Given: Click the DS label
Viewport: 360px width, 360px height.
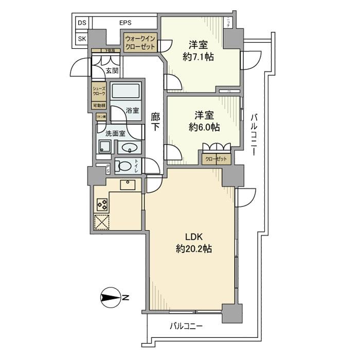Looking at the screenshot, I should point(82,23).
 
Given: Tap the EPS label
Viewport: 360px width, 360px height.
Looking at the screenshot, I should point(125,23).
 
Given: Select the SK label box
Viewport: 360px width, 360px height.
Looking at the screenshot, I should point(82,39).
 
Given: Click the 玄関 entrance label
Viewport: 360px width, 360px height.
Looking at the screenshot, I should point(112,71).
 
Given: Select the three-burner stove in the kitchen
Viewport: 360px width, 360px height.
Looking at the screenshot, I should point(102,204).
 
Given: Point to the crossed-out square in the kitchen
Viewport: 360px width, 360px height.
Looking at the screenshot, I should point(102,222).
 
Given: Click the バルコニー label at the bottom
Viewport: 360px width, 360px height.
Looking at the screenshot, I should point(186,326).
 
